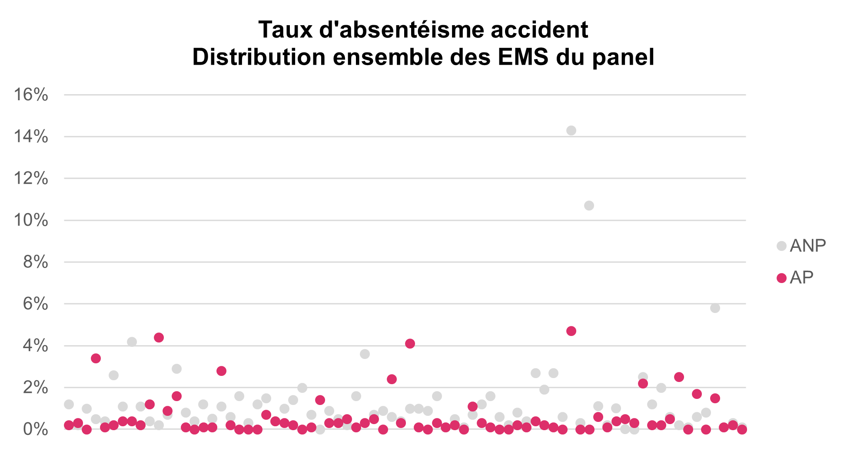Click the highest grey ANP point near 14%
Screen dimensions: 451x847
[571, 131]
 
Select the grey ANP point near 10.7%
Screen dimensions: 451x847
[589, 206]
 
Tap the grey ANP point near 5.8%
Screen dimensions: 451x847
[715, 308]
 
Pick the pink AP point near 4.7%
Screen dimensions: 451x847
[571, 331]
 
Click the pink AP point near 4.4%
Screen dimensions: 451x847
[159, 338]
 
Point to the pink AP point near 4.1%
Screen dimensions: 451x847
[410, 344]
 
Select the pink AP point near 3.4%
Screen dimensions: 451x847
[96, 359]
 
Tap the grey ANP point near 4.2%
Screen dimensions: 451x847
[132, 342]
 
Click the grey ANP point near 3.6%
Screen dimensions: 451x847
[365, 354]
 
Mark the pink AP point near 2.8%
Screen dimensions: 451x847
[221, 371]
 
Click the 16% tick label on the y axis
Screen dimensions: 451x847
[31, 95]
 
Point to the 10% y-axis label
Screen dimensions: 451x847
[31, 221]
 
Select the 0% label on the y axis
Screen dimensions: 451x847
[35, 430]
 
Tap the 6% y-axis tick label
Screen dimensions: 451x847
[35, 304]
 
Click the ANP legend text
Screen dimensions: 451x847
[807, 246]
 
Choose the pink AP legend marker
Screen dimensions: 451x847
[781, 278]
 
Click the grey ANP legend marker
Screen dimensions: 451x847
[781, 246]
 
